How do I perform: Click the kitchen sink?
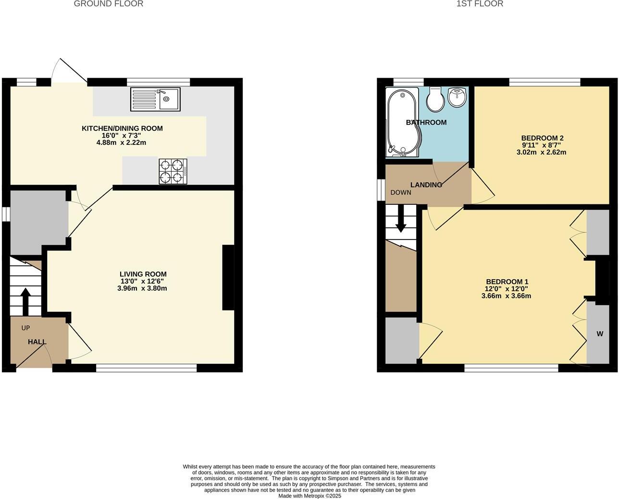coord(155,99)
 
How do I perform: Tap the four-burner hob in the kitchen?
coord(173,171)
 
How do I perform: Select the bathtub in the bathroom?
coord(402,122)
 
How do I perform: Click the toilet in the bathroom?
coord(436,99)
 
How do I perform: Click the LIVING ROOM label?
coord(143,274)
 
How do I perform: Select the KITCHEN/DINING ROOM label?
coord(122,128)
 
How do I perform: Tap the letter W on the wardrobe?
coord(600,334)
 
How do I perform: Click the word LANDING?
coord(426,185)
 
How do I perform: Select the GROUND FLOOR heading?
coord(109,4)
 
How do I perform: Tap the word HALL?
coord(37,342)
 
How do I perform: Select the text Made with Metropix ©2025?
coord(309,496)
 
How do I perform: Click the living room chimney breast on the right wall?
coord(228,278)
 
